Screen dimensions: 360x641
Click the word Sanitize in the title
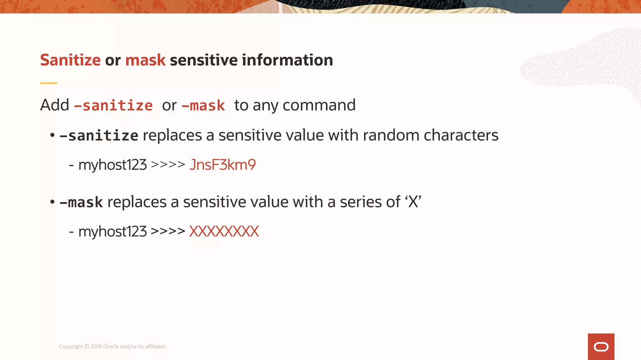tap(70, 60)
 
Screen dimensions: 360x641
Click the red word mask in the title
tap(145, 60)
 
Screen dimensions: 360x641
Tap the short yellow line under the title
tap(49, 83)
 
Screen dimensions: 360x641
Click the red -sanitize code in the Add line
tap(113, 106)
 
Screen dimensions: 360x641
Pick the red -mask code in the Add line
tap(203, 106)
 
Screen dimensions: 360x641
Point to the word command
tap(319, 106)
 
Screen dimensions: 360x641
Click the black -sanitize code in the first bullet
tap(99, 136)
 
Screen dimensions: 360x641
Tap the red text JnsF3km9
tap(223, 165)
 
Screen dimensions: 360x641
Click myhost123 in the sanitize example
tap(112, 165)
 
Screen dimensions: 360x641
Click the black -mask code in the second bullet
tap(81, 202)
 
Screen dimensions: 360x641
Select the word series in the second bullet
tap(361, 202)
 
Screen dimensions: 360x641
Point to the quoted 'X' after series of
tap(413, 202)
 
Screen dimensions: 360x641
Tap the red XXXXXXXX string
tap(224, 232)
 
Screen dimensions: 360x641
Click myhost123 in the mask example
tap(112, 232)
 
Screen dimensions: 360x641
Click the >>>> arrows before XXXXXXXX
tap(168, 232)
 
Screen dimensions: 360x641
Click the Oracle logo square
tap(601, 347)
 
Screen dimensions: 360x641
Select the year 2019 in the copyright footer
tap(96, 347)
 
